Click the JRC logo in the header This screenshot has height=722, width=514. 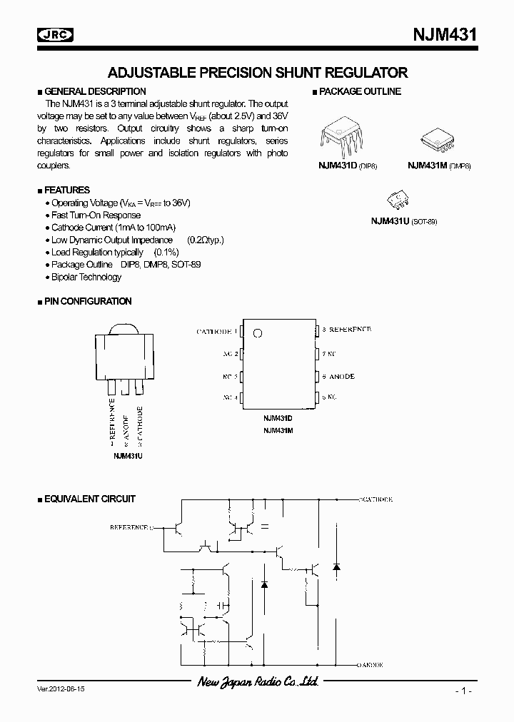tap(57, 34)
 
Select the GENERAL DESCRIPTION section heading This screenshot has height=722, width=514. tap(94, 91)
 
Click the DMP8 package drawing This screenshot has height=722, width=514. tap(436, 139)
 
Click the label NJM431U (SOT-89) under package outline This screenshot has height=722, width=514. tap(403, 221)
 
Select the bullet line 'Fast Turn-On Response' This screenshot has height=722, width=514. tap(96, 215)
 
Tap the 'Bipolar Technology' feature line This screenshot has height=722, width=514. tap(86, 277)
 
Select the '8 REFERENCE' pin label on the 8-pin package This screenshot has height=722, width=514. tap(346, 330)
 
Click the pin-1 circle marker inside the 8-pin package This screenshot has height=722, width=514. tap(258, 332)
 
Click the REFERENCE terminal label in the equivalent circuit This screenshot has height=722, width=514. tap(131, 527)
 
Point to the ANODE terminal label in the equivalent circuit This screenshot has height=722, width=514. tap(371, 665)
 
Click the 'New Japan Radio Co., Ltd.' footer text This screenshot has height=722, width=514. tap(257, 683)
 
